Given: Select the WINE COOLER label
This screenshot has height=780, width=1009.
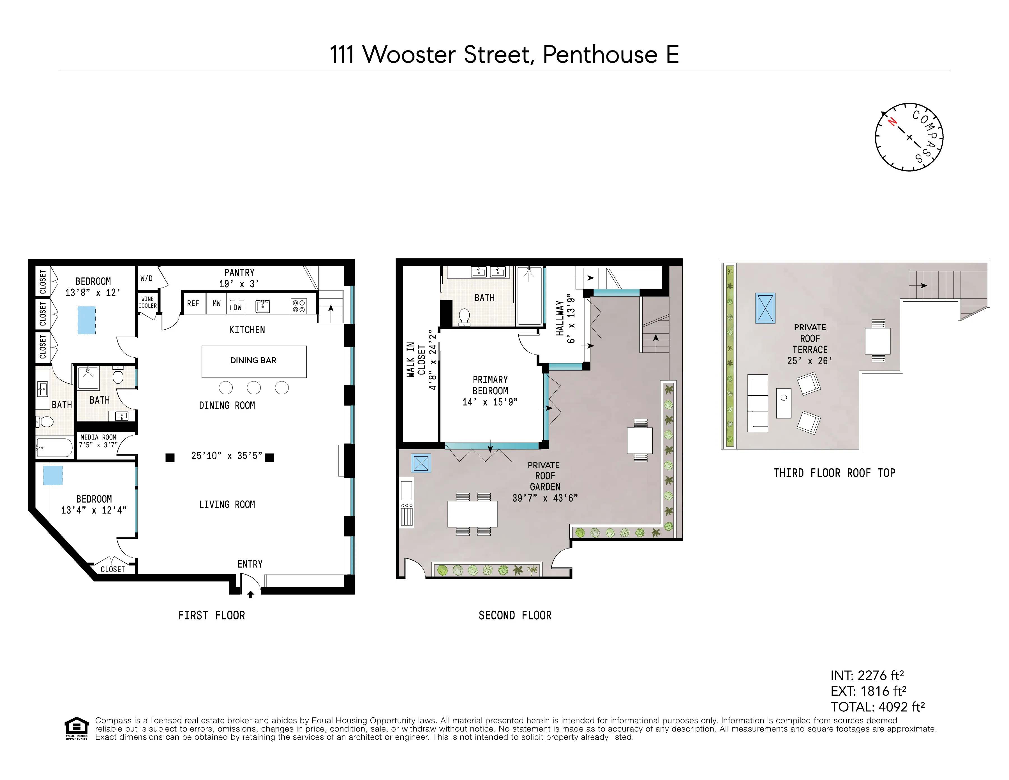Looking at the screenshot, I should click(x=147, y=302).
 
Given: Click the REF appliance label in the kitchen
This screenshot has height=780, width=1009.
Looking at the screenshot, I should click(x=193, y=304).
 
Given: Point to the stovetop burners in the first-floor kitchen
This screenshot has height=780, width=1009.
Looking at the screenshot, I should click(x=299, y=306).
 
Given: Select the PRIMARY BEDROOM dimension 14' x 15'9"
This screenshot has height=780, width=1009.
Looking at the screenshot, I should click(x=490, y=402).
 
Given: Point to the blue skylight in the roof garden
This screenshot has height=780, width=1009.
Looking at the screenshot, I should click(x=421, y=463).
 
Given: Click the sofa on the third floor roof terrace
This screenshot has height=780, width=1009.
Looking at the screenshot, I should click(x=757, y=403).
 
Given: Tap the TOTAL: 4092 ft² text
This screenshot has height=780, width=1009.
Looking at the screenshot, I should click(x=877, y=707).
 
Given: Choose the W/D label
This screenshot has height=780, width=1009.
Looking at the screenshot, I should click(x=146, y=279).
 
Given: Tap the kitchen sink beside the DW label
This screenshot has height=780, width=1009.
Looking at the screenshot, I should click(x=262, y=306).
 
